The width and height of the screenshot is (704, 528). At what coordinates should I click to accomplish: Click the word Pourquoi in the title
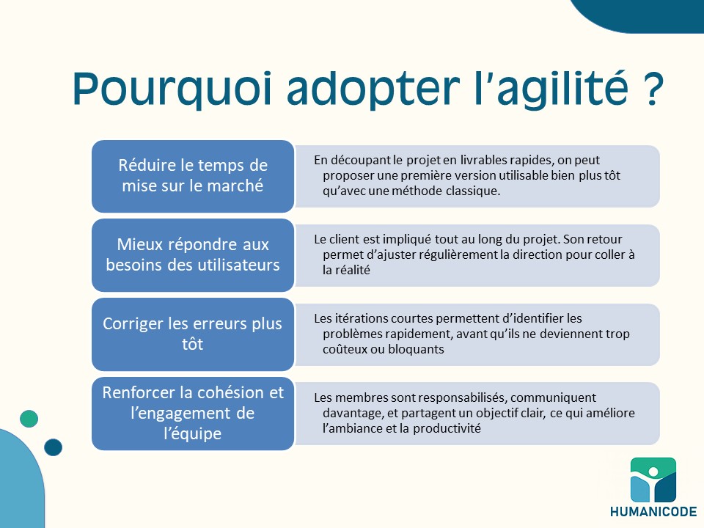[x=172, y=88]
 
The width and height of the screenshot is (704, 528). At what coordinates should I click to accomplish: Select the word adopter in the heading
[x=373, y=88]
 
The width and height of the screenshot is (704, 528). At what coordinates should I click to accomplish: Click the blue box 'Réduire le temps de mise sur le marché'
[x=193, y=176]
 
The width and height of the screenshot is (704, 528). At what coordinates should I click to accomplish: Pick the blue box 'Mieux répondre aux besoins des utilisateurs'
[x=193, y=255]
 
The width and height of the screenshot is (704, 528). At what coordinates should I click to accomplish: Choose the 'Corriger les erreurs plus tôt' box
[x=193, y=334]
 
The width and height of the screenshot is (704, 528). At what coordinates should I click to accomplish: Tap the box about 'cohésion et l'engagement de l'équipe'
[x=193, y=414]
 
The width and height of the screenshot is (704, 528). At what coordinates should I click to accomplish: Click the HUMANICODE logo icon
[x=653, y=480]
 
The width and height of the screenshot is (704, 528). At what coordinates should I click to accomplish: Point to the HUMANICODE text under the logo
[x=653, y=511]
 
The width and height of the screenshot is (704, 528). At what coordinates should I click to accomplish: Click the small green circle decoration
[x=29, y=419]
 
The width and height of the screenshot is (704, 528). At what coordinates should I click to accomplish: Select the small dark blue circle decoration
[x=53, y=447]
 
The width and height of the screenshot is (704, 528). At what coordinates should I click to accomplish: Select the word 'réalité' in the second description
[x=353, y=270]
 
